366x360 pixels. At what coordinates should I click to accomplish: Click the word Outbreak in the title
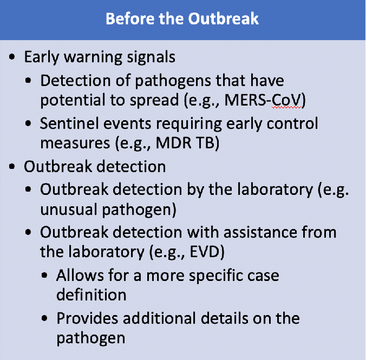pos(224,18)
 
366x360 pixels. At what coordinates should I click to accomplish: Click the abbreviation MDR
pos(174,142)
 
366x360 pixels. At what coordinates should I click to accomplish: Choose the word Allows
pos(80,275)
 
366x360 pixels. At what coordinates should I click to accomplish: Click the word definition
pos(91,294)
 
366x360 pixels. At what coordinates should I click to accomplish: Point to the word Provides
pos(87,318)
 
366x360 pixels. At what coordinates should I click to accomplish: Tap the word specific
pos(215,276)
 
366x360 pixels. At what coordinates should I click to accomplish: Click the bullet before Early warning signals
pos(12,57)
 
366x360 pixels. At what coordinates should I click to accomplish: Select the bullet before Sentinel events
pos(28,123)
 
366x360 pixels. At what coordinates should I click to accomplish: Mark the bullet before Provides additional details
pos(44,318)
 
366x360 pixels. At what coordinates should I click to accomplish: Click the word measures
pos(75,143)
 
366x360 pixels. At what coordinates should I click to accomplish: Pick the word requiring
pos(189,124)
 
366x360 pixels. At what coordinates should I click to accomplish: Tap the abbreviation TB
pos(205,142)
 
